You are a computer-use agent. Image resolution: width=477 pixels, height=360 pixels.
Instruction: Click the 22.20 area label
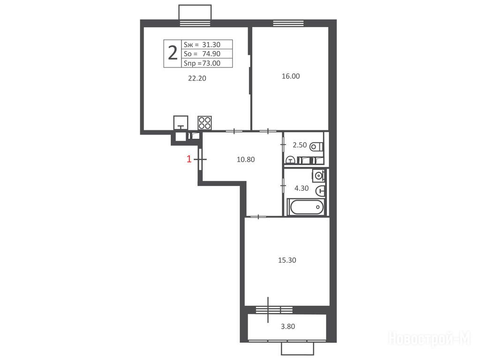tap(197, 78)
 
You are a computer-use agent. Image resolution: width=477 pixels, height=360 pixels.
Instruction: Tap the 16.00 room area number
tap(291, 76)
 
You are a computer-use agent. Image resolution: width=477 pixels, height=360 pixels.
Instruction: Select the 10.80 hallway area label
tap(246, 159)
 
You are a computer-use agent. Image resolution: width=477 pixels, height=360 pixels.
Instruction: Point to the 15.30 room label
tap(287, 260)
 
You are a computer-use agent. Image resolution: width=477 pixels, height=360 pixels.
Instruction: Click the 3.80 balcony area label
tap(288, 327)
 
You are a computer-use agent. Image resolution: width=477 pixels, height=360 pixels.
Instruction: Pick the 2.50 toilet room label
tap(300, 145)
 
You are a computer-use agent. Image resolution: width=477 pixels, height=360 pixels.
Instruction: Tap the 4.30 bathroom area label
tap(302, 188)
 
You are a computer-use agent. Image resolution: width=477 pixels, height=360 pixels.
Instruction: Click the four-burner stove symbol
tap(205, 123)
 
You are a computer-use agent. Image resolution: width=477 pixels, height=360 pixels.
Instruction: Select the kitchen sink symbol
tap(181, 123)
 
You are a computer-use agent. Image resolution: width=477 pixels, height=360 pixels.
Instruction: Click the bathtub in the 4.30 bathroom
tap(306, 207)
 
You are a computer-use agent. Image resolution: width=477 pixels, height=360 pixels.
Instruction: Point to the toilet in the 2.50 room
tap(317, 147)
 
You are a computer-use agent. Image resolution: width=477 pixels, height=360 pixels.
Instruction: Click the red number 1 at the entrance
tap(189, 159)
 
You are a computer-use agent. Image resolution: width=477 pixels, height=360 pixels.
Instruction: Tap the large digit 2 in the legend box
tap(173, 53)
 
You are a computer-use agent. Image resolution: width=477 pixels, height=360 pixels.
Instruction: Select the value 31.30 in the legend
tap(211, 45)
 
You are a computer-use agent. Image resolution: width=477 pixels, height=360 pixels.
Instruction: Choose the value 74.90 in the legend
tap(211, 54)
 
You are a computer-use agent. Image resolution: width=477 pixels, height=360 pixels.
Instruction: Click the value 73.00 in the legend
tap(211, 63)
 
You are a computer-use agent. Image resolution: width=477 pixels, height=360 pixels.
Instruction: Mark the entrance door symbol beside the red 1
tap(200, 159)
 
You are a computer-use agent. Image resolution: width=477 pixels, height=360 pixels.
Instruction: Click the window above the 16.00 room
tap(288, 23)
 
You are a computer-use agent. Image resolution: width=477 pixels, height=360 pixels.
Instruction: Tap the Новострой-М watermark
tap(430, 338)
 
